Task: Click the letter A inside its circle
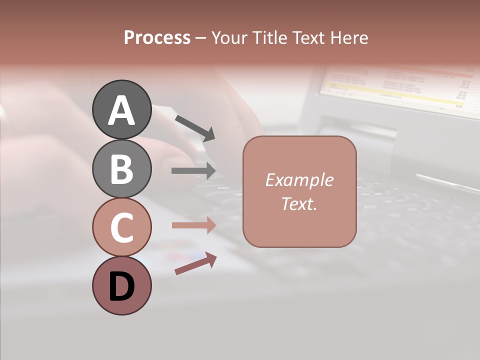(121, 110)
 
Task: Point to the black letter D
(121, 287)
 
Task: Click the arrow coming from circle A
(195, 127)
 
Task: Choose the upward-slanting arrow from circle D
(195, 264)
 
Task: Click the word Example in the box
(299, 180)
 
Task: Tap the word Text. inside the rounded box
(299, 204)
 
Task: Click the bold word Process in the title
(157, 37)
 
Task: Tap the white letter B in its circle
(121, 169)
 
